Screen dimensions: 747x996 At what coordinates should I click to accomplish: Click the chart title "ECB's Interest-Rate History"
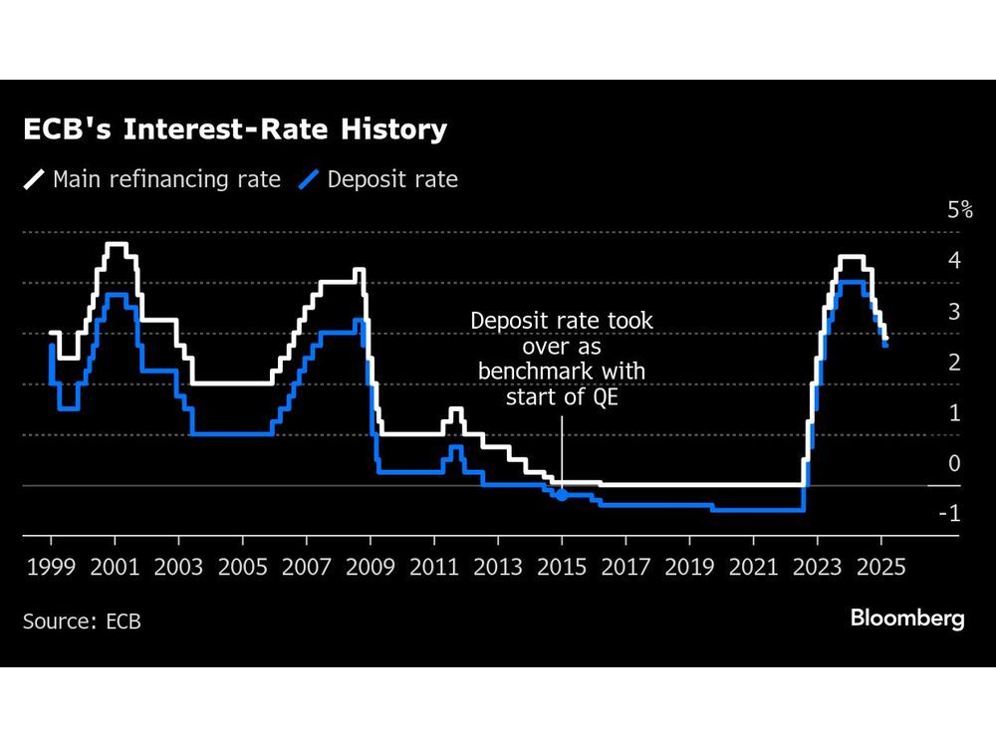pyautogui.click(x=235, y=129)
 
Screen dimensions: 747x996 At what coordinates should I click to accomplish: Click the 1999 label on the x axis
pyautogui.click(x=51, y=568)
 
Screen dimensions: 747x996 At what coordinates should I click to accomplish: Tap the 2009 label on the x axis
pyautogui.click(x=371, y=568)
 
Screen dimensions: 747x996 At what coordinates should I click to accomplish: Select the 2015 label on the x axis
pyautogui.click(x=562, y=568)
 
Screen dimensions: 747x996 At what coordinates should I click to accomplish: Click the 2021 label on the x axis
pyautogui.click(x=754, y=568)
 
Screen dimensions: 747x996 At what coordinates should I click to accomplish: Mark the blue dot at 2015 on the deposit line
pyautogui.click(x=562, y=494)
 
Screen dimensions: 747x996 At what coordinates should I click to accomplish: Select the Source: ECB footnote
pyautogui.click(x=82, y=622)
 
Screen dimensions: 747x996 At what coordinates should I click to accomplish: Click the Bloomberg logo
pyautogui.click(x=906, y=619)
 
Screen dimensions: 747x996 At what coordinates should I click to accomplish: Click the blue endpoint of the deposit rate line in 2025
pyautogui.click(x=885, y=344)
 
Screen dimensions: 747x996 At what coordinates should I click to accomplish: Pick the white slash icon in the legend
pyautogui.click(x=35, y=180)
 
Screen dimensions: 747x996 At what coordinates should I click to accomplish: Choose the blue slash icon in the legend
pyautogui.click(x=310, y=180)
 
